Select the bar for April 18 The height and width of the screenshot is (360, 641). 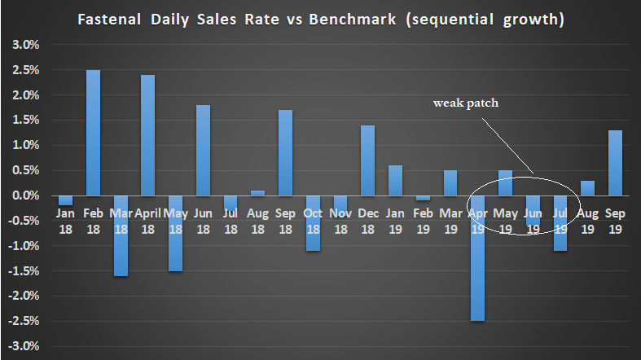click(147, 134)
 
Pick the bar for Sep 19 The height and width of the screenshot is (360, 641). click(615, 163)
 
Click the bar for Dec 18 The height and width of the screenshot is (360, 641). click(367, 160)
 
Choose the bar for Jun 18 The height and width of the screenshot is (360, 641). click(203, 150)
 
